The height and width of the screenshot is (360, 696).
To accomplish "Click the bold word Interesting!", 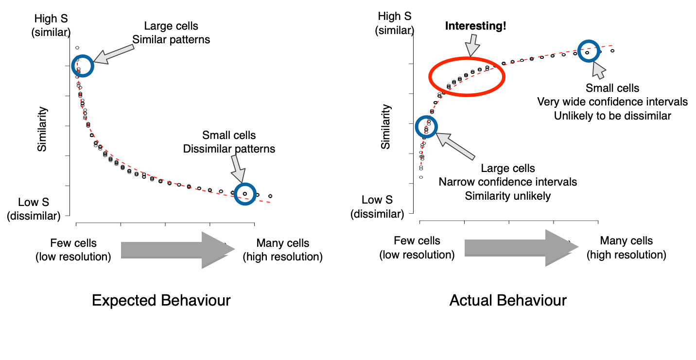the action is click(475, 26).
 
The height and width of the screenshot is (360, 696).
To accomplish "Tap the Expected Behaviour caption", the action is click(161, 300).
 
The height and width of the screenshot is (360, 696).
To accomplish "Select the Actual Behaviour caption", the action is click(508, 300).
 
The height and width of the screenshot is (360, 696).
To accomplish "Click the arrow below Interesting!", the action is click(472, 45).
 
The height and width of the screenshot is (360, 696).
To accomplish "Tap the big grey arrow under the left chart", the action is click(178, 250).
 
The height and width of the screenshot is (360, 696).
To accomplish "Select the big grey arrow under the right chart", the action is click(522, 248).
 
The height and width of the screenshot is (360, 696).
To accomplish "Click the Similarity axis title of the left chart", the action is click(42, 129).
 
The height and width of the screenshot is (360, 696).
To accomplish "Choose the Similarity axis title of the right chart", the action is click(385, 127).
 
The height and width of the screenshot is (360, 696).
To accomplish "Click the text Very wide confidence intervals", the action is click(612, 102).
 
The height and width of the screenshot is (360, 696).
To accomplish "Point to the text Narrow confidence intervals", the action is click(508, 182).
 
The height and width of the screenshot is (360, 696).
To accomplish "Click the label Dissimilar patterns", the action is click(229, 149).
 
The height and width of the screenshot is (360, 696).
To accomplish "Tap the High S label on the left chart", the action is click(51, 18).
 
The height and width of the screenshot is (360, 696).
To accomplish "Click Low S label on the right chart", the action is click(377, 200).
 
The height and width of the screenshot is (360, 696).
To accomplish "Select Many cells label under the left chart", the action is click(283, 243).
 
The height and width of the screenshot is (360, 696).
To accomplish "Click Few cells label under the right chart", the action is click(417, 240).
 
